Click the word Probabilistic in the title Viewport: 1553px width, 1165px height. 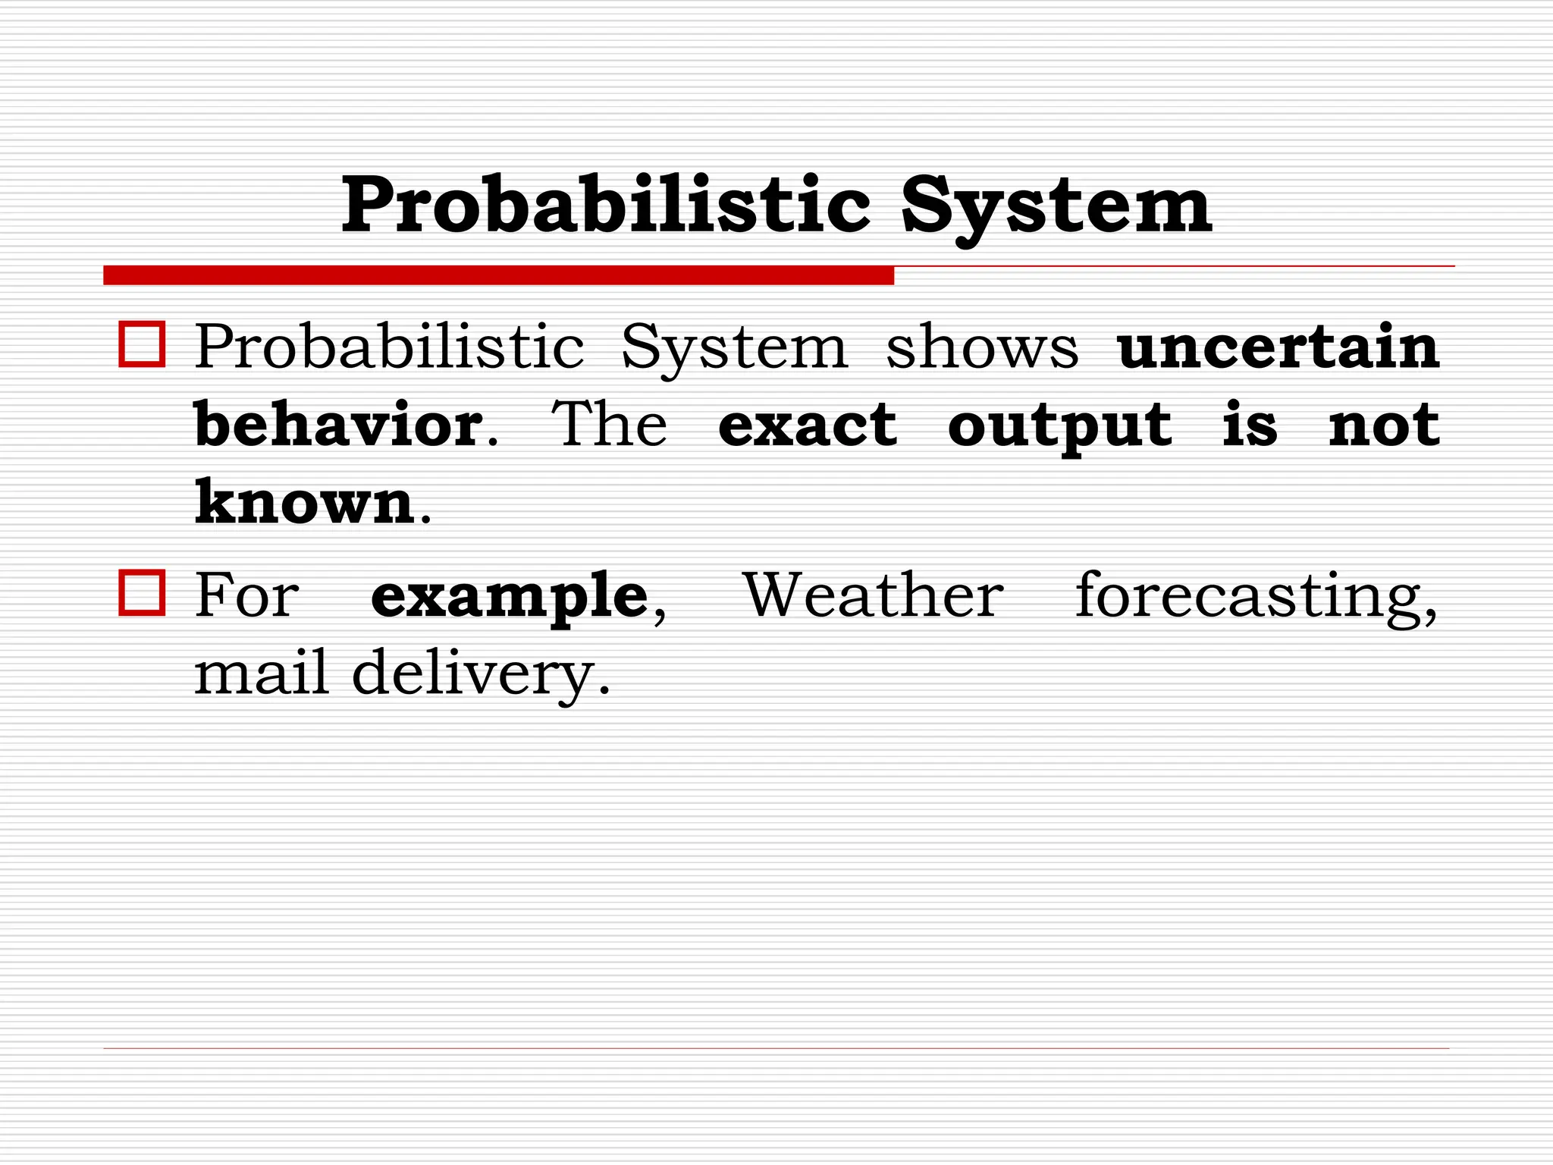(605, 206)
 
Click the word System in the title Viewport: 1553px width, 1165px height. (1056, 207)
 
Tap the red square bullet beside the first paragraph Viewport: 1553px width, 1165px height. (142, 345)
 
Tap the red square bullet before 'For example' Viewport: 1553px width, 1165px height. (142, 593)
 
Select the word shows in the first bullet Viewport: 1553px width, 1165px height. (981, 348)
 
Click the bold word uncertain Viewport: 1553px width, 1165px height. (1278, 347)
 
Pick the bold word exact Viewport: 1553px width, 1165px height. (808, 425)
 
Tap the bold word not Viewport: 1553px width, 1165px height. (1384, 425)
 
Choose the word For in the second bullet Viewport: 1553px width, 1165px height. (246, 596)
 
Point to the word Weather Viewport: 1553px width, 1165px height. (874, 596)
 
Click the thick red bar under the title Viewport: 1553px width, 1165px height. (498, 275)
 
